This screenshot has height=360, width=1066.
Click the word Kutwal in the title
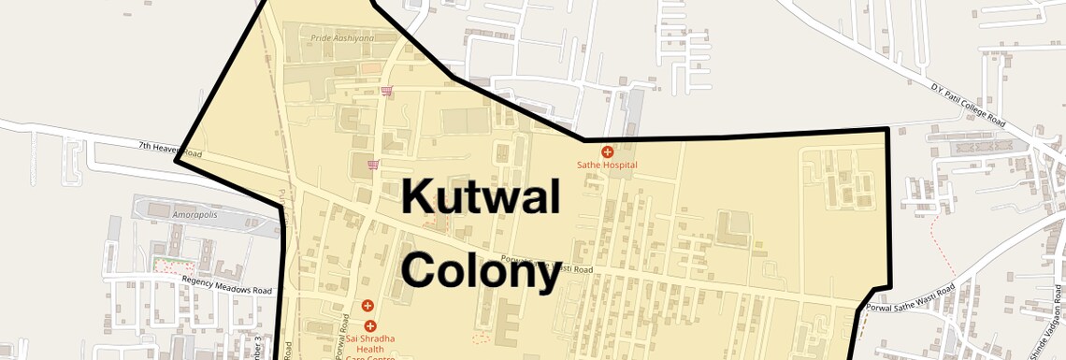click(x=481, y=198)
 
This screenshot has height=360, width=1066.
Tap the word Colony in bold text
click(x=481, y=270)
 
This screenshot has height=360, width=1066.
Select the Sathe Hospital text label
click(x=607, y=166)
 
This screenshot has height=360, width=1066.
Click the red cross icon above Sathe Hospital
click(x=607, y=151)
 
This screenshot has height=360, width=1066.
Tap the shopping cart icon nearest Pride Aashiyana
click(x=386, y=91)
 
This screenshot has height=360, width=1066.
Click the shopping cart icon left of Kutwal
click(x=373, y=165)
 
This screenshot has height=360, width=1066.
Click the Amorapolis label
click(x=192, y=214)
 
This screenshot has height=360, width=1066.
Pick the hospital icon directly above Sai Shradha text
click(x=370, y=325)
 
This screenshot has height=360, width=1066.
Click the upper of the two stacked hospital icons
click(x=367, y=306)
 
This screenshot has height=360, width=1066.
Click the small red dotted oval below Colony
click(x=481, y=336)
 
